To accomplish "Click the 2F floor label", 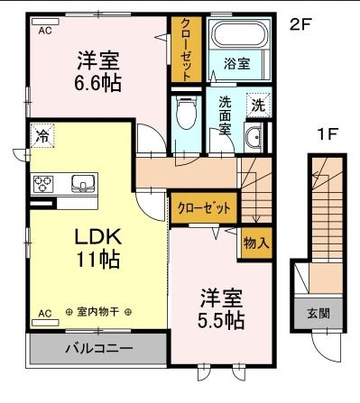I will [300, 25].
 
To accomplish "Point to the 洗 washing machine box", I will [257, 105].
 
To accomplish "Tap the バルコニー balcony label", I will [98, 347].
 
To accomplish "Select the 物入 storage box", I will [255, 243].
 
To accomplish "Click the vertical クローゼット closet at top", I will [185, 50].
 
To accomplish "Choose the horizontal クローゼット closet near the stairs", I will [204, 207].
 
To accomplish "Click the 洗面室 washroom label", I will [226, 114].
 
